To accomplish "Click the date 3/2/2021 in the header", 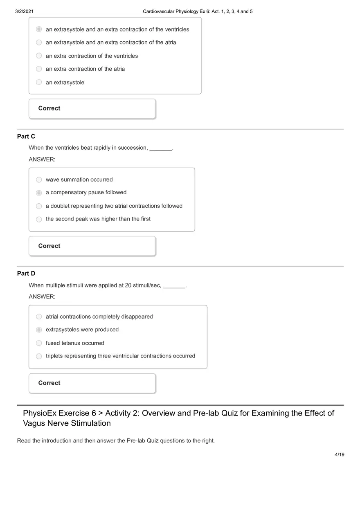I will (24, 11).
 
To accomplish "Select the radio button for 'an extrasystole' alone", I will (39, 82).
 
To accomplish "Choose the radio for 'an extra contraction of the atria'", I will (39, 69).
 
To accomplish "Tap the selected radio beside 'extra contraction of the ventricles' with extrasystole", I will (39, 29).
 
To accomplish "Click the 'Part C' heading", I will (26, 136).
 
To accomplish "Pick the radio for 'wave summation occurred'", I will (39, 180).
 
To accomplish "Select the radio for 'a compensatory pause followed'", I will (39, 193).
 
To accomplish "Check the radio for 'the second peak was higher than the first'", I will (39, 219).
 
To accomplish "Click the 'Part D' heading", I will (26, 273).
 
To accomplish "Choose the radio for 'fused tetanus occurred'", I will (39, 343).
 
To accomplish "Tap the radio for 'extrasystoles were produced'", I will (39, 330).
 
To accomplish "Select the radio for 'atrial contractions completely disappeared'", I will (39, 317).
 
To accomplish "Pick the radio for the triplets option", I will (39, 356).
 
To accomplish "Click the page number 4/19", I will (340, 454).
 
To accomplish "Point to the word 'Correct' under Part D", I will (49, 383).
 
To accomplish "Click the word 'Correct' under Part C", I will (49, 246).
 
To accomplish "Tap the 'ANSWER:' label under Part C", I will (42, 159).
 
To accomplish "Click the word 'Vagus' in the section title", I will (34, 423).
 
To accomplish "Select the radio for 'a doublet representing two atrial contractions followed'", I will (39, 206).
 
